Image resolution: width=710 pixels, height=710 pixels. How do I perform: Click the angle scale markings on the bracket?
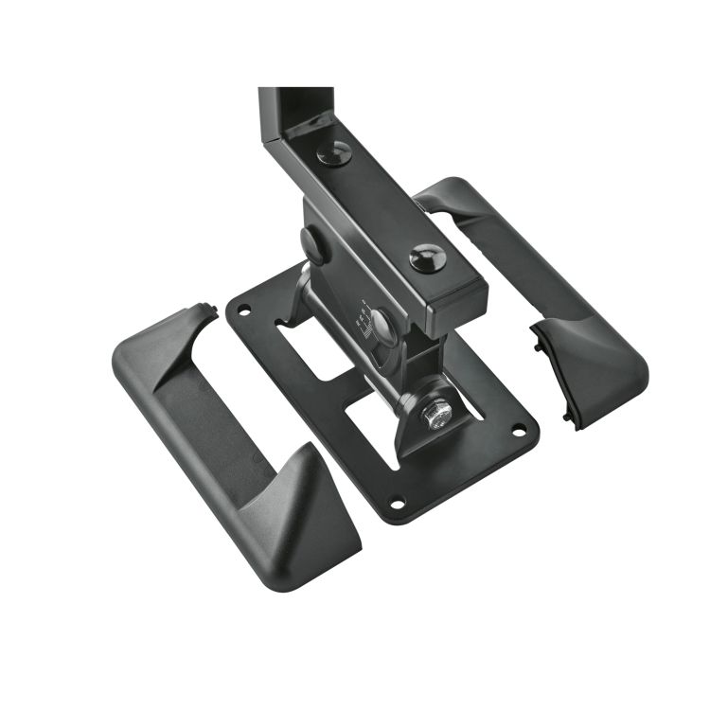362,317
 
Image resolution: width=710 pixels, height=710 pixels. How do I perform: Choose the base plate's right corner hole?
518,435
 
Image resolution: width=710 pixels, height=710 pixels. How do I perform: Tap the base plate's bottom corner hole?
398,501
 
